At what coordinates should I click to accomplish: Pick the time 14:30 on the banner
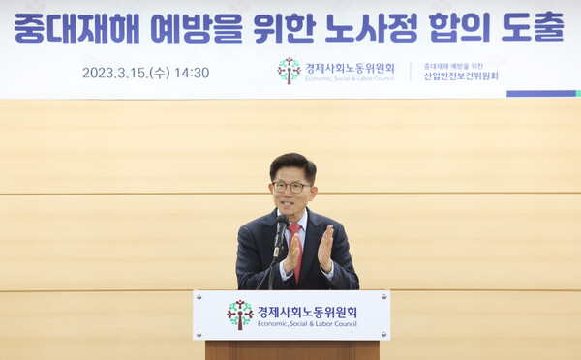(193, 73)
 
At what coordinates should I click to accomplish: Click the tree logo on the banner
(289, 70)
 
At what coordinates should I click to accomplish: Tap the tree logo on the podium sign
(239, 315)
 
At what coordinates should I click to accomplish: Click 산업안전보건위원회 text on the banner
(461, 76)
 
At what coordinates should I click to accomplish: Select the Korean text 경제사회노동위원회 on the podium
(306, 312)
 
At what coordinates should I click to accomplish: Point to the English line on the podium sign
(306, 326)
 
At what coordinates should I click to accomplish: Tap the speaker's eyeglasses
(290, 186)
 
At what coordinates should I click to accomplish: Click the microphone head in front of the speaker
(281, 225)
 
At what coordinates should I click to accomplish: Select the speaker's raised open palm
(325, 247)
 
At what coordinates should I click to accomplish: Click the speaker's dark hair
(291, 165)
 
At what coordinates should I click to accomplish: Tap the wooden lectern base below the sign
(291, 349)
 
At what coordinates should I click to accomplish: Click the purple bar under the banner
(540, 94)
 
